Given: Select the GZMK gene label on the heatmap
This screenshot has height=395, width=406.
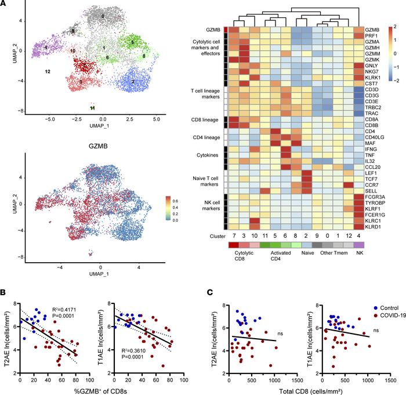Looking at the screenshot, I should pyautogui.click(x=373, y=59).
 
